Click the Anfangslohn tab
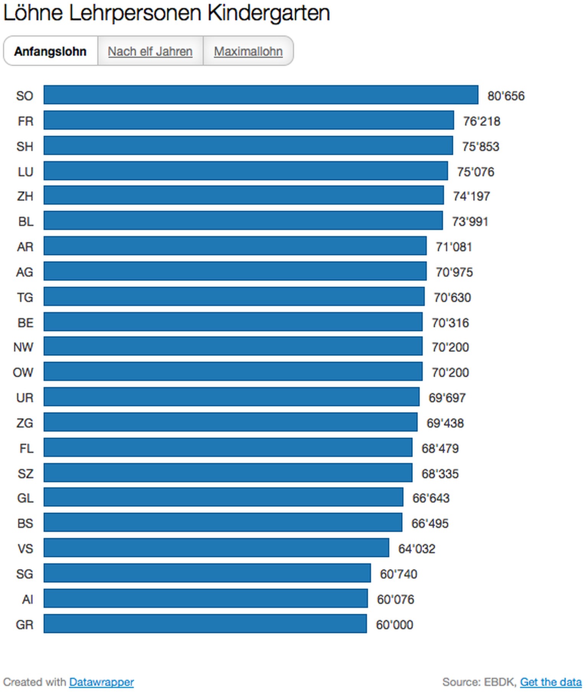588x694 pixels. pyautogui.click(x=50, y=51)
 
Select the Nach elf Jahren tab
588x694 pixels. pyautogui.click(x=150, y=51)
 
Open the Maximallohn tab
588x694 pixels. pyautogui.click(x=248, y=51)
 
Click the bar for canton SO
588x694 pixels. pyautogui.click(x=261, y=95)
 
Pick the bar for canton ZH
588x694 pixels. pyautogui.click(x=243, y=195)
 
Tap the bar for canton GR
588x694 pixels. pyautogui.click(x=205, y=624)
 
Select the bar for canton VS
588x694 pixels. pyautogui.click(x=216, y=547)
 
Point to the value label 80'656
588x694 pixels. pyautogui.click(x=506, y=96)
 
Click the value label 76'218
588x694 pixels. pyautogui.click(x=482, y=121)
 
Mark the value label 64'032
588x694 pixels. pyautogui.click(x=416, y=549)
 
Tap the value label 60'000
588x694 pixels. pyautogui.click(x=394, y=624)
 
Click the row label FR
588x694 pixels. pyautogui.click(x=25, y=121)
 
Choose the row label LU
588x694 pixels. pyautogui.click(x=25, y=172)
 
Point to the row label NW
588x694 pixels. pyautogui.click(x=23, y=347)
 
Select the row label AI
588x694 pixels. pyautogui.click(x=27, y=599)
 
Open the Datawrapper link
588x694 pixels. pyautogui.click(x=101, y=682)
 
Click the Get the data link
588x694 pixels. pyautogui.click(x=550, y=682)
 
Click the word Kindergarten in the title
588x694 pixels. pyautogui.click(x=268, y=13)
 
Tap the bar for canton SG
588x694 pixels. pyautogui.click(x=207, y=573)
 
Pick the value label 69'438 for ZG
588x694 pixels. pyautogui.click(x=445, y=423)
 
